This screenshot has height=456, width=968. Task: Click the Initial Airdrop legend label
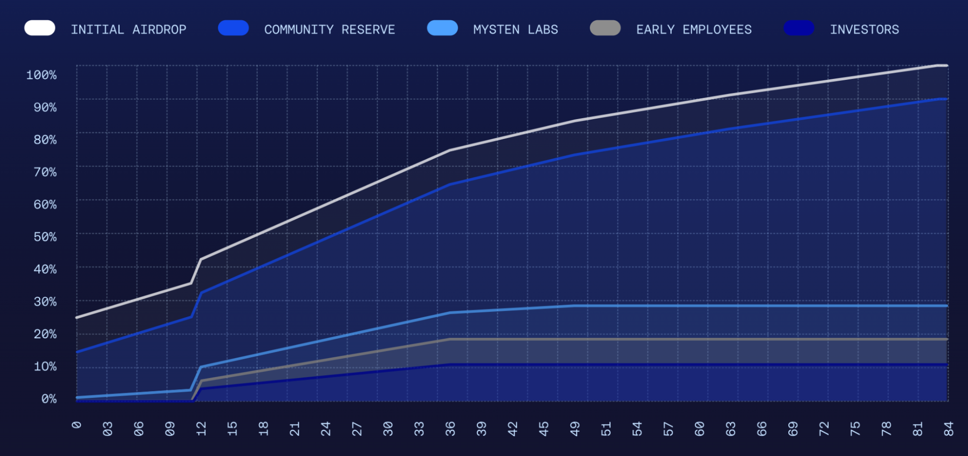128,30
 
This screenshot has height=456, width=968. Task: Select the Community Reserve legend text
329,30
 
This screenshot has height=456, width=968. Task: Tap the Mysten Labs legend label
515,30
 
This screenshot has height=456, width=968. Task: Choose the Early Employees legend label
693,30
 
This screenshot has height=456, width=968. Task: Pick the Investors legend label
864,30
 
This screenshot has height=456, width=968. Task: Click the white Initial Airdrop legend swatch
40,28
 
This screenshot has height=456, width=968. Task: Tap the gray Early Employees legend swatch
605,28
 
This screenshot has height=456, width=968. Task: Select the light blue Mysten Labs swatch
442,28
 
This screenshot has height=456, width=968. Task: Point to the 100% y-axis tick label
41,75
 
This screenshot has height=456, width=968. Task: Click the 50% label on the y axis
45,237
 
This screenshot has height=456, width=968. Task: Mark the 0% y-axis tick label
48,399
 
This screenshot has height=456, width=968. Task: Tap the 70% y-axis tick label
45,172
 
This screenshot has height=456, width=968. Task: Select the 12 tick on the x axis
201,428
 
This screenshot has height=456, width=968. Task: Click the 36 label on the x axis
450,428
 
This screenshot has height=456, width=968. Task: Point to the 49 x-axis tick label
575,428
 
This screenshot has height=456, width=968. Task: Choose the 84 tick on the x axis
948,428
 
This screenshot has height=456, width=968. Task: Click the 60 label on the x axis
699,428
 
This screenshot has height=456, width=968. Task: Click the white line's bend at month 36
450,150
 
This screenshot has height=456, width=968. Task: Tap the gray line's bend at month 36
450,339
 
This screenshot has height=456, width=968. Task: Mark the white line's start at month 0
77,318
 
